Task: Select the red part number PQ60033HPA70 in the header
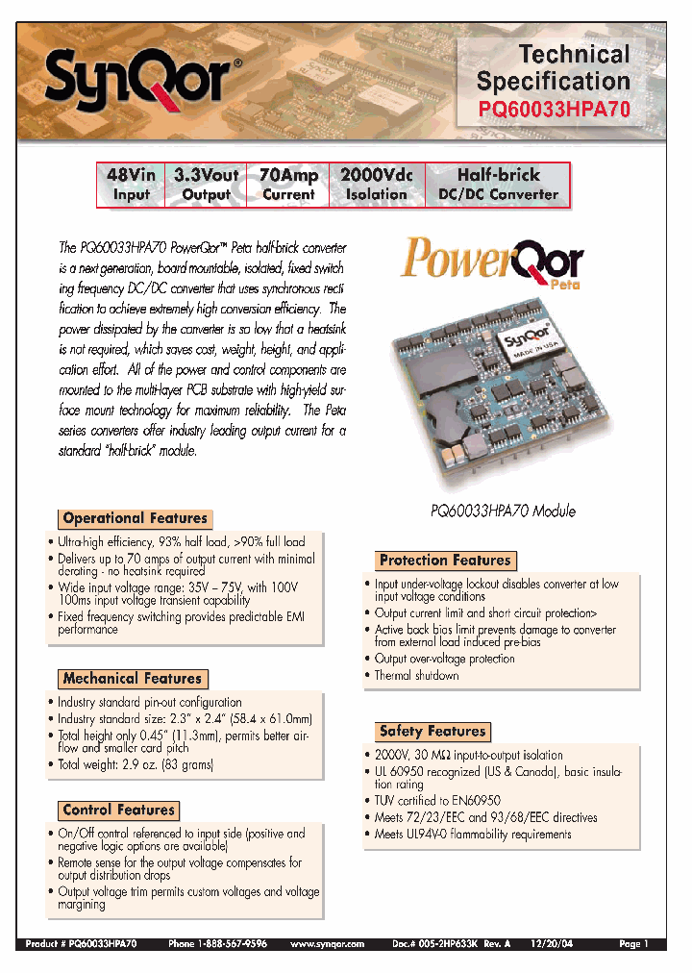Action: point(555,111)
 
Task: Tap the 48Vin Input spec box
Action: point(132,185)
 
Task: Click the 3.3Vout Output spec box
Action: point(207,185)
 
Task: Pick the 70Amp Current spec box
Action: point(288,185)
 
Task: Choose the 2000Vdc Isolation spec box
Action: point(377,185)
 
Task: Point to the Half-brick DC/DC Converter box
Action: point(498,185)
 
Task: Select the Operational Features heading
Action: point(135,518)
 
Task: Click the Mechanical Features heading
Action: point(132,679)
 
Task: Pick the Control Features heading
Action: point(118,811)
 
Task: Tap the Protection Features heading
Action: point(445,561)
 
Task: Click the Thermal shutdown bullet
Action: point(416,676)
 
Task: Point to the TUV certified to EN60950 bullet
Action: point(436,800)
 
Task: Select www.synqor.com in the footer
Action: point(327,945)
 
